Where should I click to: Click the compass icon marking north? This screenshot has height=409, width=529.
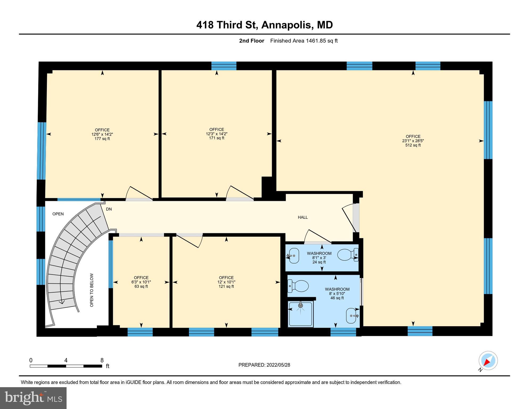(488, 361)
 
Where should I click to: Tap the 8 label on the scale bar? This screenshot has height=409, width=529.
(102, 360)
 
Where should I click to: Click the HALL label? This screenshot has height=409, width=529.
(303, 217)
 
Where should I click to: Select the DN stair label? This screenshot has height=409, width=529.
(109, 209)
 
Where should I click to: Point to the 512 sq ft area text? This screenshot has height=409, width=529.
(413, 145)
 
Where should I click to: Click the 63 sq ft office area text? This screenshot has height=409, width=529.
(141, 287)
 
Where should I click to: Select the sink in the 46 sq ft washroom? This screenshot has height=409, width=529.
(352, 316)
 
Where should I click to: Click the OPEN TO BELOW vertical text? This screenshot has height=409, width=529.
(92, 290)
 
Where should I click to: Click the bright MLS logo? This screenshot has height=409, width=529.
(33, 398)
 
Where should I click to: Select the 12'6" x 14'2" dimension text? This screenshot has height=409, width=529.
(102, 134)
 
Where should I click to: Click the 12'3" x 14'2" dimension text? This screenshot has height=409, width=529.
(216, 134)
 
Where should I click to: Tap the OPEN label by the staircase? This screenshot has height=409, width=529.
(58, 214)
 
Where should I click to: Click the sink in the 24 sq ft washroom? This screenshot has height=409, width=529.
(293, 256)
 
